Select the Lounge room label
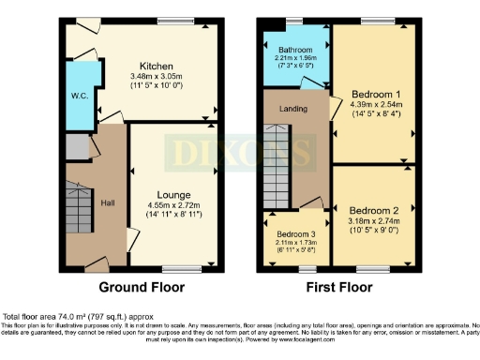coord(173,195)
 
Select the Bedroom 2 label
coord(372,211)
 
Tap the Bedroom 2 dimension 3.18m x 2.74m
coord(372,221)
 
